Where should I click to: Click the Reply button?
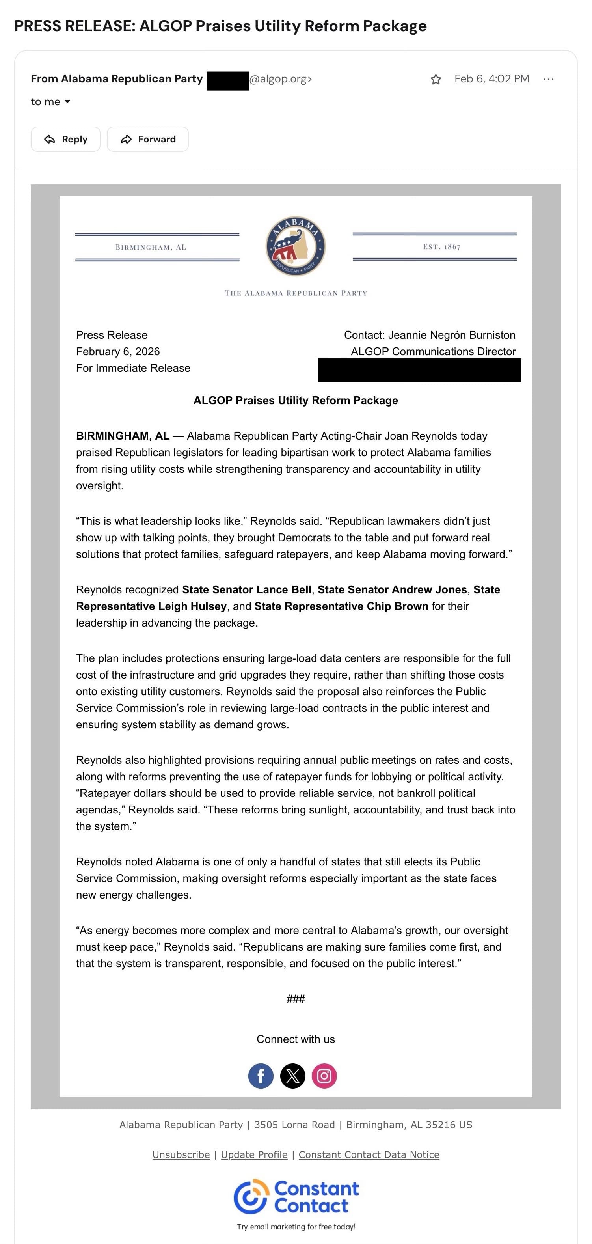(x=66, y=139)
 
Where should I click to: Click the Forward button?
(x=148, y=139)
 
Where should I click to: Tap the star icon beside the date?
(x=436, y=79)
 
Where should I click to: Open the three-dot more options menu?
(x=548, y=79)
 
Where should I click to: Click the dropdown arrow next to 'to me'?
(x=67, y=101)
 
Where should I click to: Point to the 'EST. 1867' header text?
(x=441, y=247)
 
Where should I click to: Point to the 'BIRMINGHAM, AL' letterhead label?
(x=151, y=247)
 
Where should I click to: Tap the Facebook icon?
(x=261, y=1076)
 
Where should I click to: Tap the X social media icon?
(x=292, y=1076)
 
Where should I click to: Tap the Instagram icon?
(x=324, y=1076)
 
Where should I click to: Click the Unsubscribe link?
(x=181, y=1154)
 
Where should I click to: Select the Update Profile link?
(x=254, y=1154)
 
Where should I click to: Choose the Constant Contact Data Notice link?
(x=369, y=1154)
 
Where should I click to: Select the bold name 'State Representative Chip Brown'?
(x=341, y=606)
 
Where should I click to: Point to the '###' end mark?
(x=296, y=999)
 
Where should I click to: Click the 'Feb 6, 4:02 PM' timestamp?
(x=491, y=79)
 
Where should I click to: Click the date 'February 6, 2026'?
(x=118, y=352)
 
